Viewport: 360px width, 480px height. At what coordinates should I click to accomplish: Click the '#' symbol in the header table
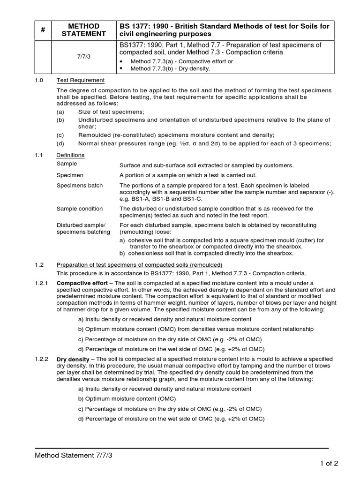43,30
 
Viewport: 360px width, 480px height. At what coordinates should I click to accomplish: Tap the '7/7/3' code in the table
84,56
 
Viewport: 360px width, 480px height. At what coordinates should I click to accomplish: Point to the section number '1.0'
39,81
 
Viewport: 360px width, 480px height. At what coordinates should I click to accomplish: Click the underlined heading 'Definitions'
70,155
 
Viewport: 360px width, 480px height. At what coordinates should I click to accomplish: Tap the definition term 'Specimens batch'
79,186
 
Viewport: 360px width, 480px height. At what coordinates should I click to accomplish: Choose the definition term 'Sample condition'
81,209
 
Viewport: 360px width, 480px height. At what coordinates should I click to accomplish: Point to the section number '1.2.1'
41,283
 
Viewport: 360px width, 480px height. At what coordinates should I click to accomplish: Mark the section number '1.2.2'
41,359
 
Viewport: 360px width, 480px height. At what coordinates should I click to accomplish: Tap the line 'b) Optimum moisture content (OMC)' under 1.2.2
127,399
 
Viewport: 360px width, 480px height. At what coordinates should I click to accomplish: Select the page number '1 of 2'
329,464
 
